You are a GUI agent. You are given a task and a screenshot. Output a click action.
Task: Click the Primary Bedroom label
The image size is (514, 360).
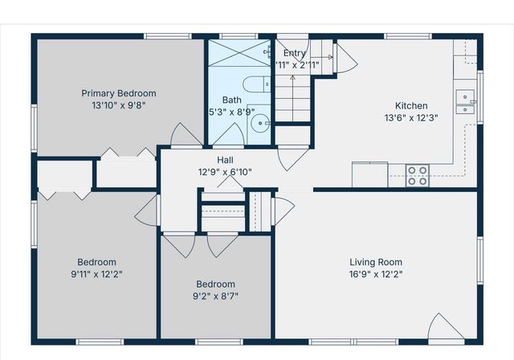tap(119, 93)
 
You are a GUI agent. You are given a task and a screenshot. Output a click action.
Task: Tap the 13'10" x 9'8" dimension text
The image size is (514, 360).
tap(119, 104)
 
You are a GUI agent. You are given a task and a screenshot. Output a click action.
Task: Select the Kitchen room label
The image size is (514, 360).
tap(411, 105)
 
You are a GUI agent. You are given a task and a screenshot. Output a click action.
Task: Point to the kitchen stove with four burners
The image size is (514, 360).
tap(417, 174)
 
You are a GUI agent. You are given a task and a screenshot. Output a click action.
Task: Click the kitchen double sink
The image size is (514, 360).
tap(465, 98)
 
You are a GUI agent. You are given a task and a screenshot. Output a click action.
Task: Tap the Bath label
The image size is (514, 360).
tap(232, 100)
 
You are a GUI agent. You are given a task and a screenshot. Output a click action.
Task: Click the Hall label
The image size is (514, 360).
tap(225, 160)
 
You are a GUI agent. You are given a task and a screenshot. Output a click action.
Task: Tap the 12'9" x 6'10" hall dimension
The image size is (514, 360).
tap(225, 172)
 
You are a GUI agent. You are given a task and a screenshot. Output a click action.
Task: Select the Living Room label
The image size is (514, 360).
tap(376, 262)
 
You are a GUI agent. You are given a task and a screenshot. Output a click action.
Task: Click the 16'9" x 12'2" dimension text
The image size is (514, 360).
tap(376, 274)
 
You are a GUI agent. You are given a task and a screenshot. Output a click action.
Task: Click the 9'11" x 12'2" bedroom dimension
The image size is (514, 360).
tap(96, 274)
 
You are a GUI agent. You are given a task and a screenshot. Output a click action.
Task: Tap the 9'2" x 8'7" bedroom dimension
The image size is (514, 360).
tap(216, 296)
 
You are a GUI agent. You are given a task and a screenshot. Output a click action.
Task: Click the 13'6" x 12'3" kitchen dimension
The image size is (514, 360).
tap(411, 117)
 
